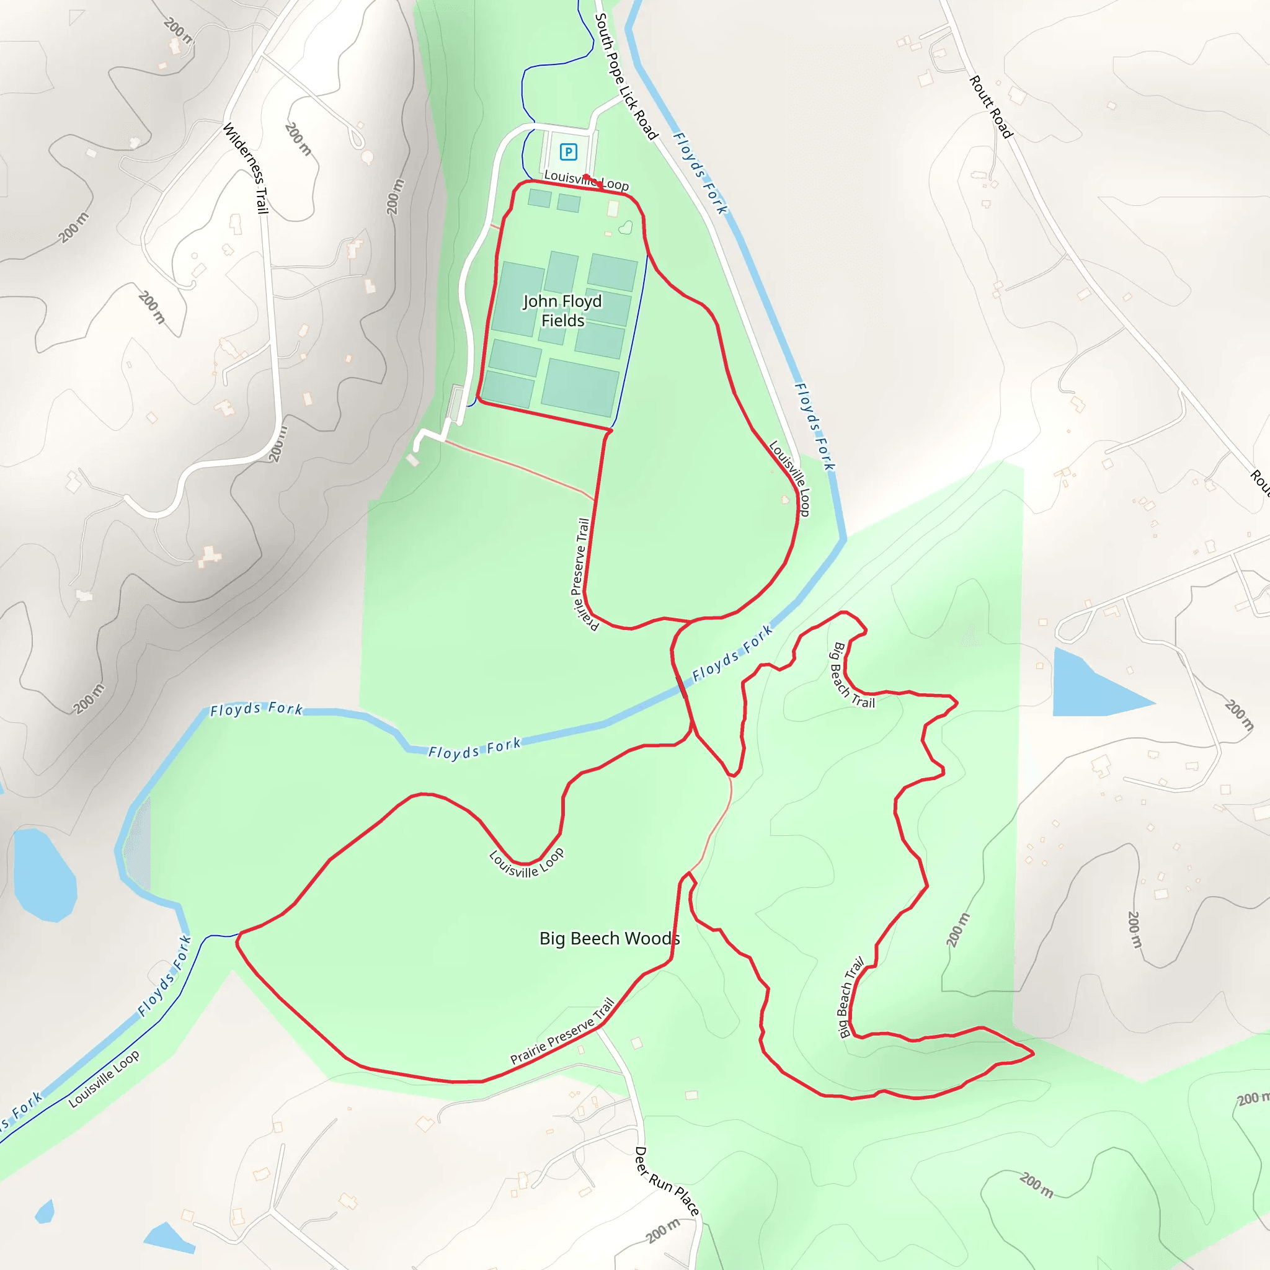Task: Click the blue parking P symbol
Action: click(568, 153)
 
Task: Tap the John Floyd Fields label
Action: click(562, 310)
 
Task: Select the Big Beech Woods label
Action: click(610, 938)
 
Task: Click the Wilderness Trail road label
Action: click(246, 168)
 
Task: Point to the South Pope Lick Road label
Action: click(626, 77)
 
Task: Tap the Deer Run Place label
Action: click(666, 1181)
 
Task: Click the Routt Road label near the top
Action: click(990, 107)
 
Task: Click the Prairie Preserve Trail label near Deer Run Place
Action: click(562, 1031)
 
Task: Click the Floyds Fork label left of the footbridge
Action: click(474, 748)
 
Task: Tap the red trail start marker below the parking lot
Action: click(585, 177)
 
